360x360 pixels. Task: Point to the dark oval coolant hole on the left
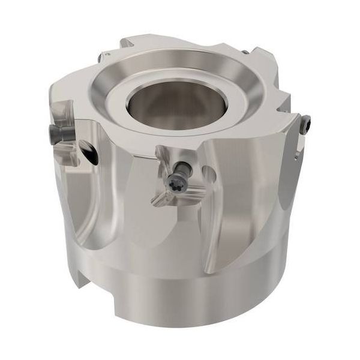pyautogui.click(x=90, y=155)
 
